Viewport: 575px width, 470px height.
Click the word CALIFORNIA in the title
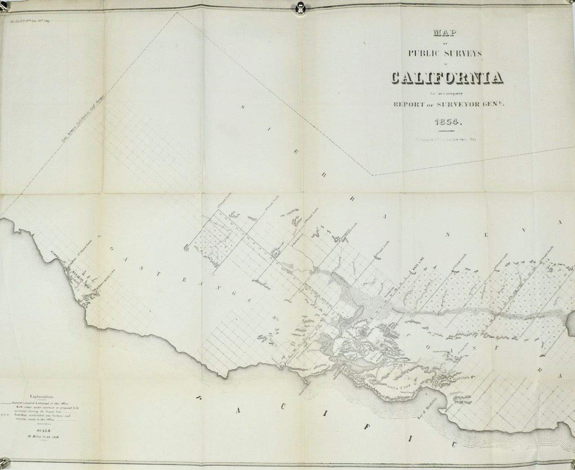pos(447,78)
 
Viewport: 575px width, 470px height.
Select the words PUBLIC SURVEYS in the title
pos(445,53)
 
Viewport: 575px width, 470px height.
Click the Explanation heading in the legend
pos(41,397)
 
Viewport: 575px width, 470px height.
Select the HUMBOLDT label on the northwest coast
pos(59,256)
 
